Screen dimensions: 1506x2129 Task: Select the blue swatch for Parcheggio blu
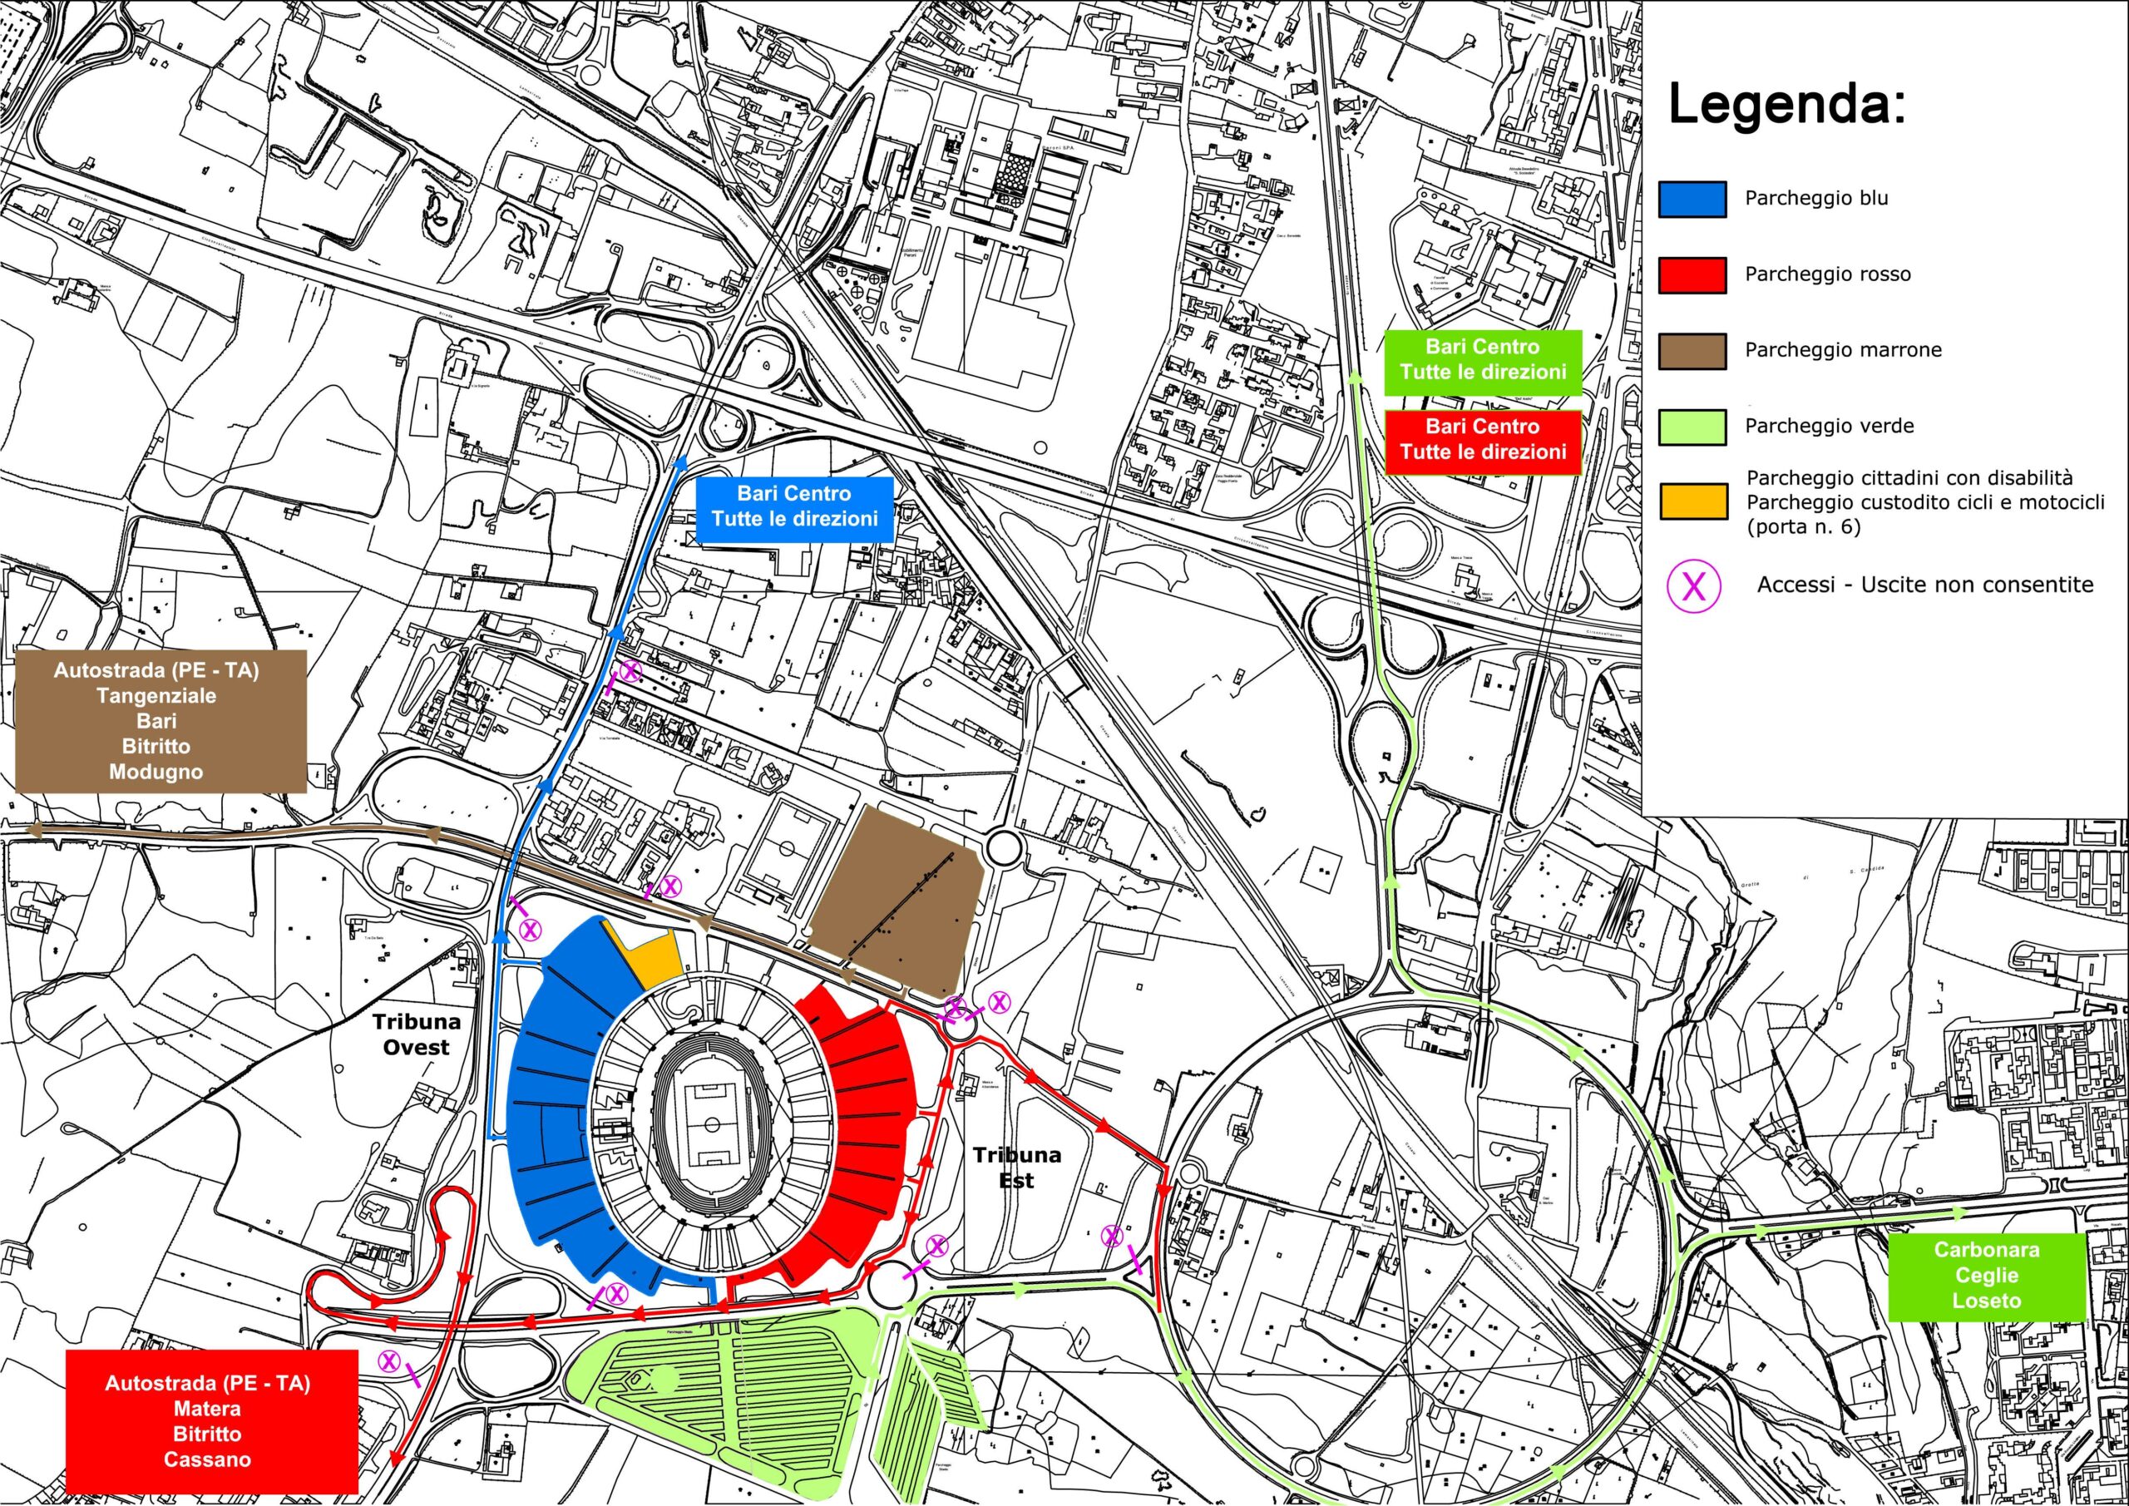[x=1692, y=200]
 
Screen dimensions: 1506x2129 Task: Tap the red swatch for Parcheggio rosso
[x=1692, y=275]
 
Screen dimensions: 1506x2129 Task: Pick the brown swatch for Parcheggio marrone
[x=1692, y=352]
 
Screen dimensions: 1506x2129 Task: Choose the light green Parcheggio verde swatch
[x=1692, y=427]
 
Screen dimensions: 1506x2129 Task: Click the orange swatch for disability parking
[x=1692, y=501]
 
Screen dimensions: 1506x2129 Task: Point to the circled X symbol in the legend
[x=1694, y=586]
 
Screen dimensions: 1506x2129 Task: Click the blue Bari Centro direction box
[x=795, y=507]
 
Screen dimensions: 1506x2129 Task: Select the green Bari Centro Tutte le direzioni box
[x=1483, y=361]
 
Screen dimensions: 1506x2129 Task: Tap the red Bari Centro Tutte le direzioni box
[x=1483, y=441]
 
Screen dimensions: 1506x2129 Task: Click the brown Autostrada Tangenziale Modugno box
[x=161, y=722]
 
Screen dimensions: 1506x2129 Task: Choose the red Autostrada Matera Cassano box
[x=211, y=1420]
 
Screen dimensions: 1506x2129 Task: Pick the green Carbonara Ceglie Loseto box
[x=1986, y=1276]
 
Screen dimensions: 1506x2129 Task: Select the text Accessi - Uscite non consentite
[x=1925, y=585]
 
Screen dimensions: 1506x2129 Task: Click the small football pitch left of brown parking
[x=784, y=849]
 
